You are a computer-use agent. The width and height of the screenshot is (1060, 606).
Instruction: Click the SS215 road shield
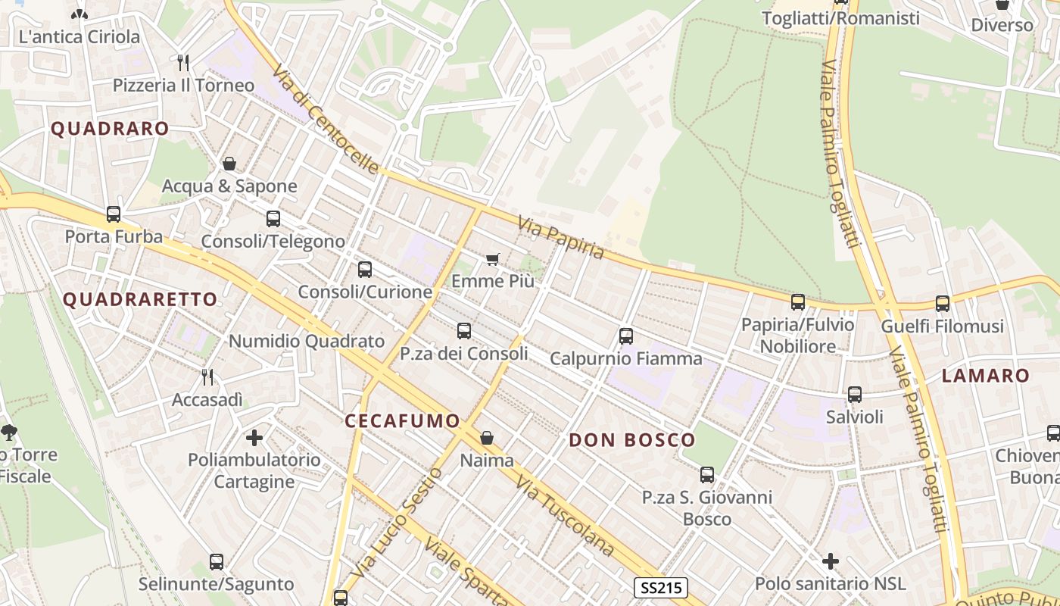pyautogui.click(x=660, y=587)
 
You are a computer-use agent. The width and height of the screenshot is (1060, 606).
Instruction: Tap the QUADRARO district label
pyautogui.click(x=110, y=129)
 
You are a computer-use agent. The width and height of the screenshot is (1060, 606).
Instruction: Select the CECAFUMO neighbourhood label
pyautogui.click(x=402, y=421)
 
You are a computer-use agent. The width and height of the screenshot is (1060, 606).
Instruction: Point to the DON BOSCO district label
pyautogui.click(x=631, y=440)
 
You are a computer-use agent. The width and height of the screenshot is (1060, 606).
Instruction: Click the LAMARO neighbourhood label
pyautogui.click(x=986, y=376)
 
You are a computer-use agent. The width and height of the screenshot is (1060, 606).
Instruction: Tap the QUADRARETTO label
pyautogui.click(x=140, y=299)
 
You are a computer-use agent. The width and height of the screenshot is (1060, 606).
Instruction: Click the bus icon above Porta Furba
pyautogui.click(x=114, y=214)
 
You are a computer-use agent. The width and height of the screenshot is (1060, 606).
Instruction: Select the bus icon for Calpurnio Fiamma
pyautogui.click(x=625, y=336)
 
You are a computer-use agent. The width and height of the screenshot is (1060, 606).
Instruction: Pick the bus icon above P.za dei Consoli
pyautogui.click(x=463, y=331)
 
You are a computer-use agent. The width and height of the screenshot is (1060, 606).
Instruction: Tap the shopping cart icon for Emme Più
pyautogui.click(x=493, y=260)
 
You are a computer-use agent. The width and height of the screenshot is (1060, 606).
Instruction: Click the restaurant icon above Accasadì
pyautogui.click(x=207, y=376)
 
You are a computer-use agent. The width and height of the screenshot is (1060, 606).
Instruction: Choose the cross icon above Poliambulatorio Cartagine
pyautogui.click(x=254, y=437)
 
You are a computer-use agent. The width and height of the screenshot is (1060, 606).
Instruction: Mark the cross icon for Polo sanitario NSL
pyautogui.click(x=831, y=561)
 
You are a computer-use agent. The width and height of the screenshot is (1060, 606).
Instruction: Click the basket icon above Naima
pyautogui.click(x=487, y=438)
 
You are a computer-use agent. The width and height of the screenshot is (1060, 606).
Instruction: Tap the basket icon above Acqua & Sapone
pyautogui.click(x=229, y=164)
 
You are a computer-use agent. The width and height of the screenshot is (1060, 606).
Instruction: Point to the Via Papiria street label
pyautogui.click(x=561, y=237)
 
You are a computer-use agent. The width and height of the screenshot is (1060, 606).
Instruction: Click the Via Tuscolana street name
pyautogui.click(x=564, y=515)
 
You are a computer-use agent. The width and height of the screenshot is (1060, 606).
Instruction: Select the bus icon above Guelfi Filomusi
pyautogui.click(x=942, y=303)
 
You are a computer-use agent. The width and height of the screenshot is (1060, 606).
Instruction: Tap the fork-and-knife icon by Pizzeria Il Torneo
pyautogui.click(x=182, y=62)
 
